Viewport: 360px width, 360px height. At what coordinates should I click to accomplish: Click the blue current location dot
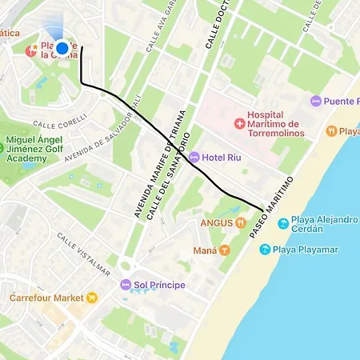[x=62, y=48]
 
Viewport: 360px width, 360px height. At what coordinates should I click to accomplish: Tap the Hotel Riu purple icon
[x=194, y=157]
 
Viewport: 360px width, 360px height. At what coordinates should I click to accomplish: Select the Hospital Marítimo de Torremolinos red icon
[x=238, y=124]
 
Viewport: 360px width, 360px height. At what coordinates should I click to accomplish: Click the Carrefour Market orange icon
[x=93, y=298]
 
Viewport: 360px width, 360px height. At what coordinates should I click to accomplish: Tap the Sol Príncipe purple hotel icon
[x=125, y=285]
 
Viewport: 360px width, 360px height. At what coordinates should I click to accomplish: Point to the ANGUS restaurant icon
[x=238, y=222]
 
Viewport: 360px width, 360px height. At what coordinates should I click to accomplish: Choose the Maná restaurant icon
[x=225, y=250]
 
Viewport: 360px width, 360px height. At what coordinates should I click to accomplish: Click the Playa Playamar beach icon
[x=265, y=250]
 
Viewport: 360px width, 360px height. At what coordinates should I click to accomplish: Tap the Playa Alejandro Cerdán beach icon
[x=282, y=223]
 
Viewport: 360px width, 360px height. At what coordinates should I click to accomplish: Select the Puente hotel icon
[x=316, y=102]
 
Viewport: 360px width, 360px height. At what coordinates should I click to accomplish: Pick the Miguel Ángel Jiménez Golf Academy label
[x=38, y=150]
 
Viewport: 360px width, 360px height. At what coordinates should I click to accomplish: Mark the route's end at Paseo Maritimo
[x=262, y=209]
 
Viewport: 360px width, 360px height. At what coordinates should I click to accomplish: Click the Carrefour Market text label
[x=46, y=298]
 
